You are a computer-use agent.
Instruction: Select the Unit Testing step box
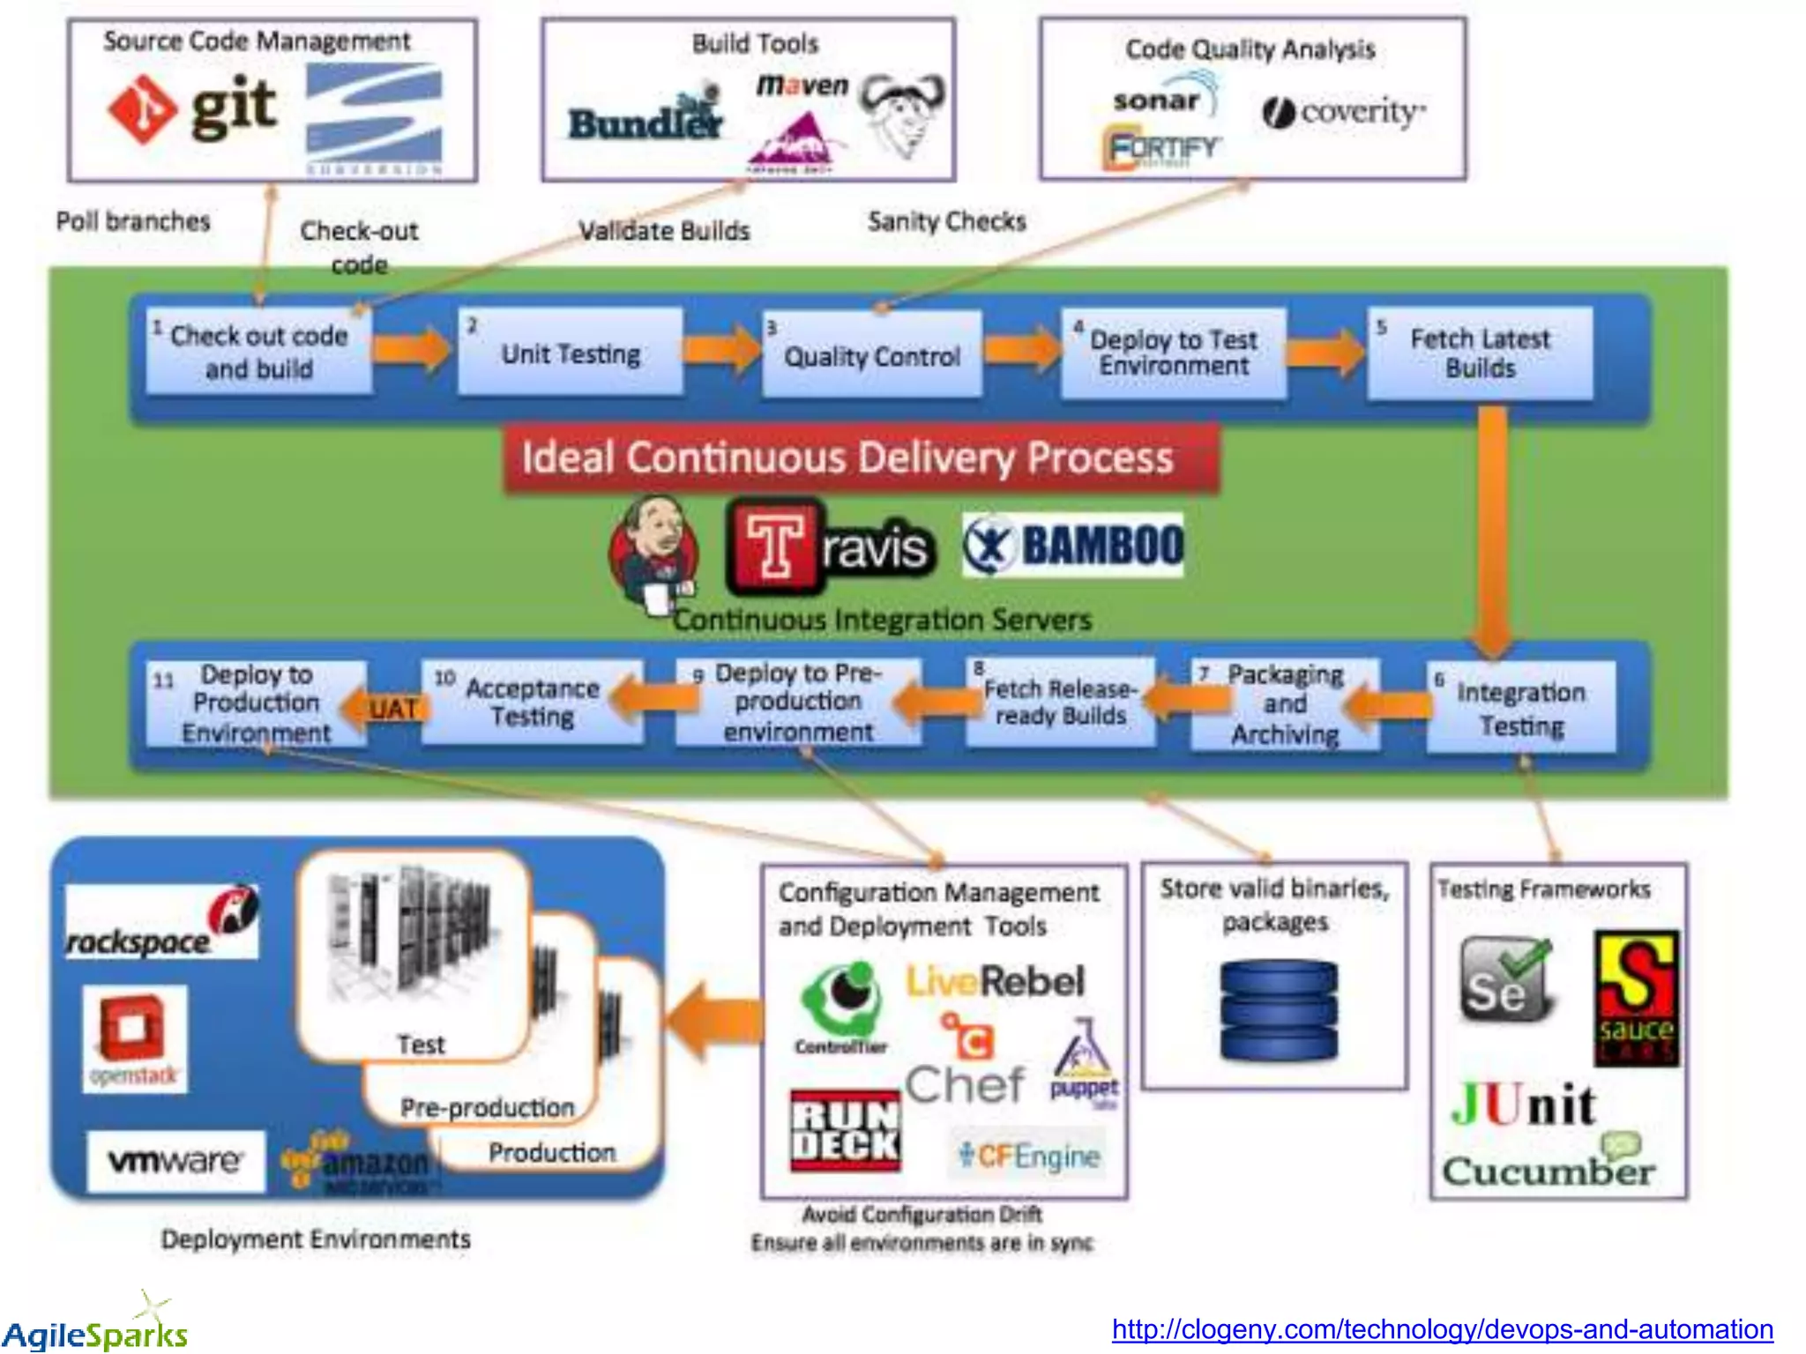[x=571, y=353]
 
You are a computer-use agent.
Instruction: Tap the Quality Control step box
[x=871, y=355]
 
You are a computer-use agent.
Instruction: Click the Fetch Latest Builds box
[x=1480, y=353]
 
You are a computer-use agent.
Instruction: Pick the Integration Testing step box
[x=1521, y=708]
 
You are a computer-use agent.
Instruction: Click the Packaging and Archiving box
[x=1285, y=704]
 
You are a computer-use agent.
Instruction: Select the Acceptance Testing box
[x=532, y=702]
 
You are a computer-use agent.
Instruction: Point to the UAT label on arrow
[x=393, y=709]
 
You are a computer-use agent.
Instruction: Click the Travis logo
[x=829, y=547]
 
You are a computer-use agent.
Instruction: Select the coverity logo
[x=1344, y=113]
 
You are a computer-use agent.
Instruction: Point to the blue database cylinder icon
[x=1279, y=1011]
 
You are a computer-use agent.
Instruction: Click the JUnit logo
[x=1523, y=1105]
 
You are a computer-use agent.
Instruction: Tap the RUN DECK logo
[x=845, y=1131]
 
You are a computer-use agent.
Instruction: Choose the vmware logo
[x=175, y=1161]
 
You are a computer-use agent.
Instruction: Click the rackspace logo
[x=162, y=923]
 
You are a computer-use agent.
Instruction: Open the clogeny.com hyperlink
[x=1442, y=1328]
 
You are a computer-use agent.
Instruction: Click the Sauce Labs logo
[x=1637, y=998]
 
